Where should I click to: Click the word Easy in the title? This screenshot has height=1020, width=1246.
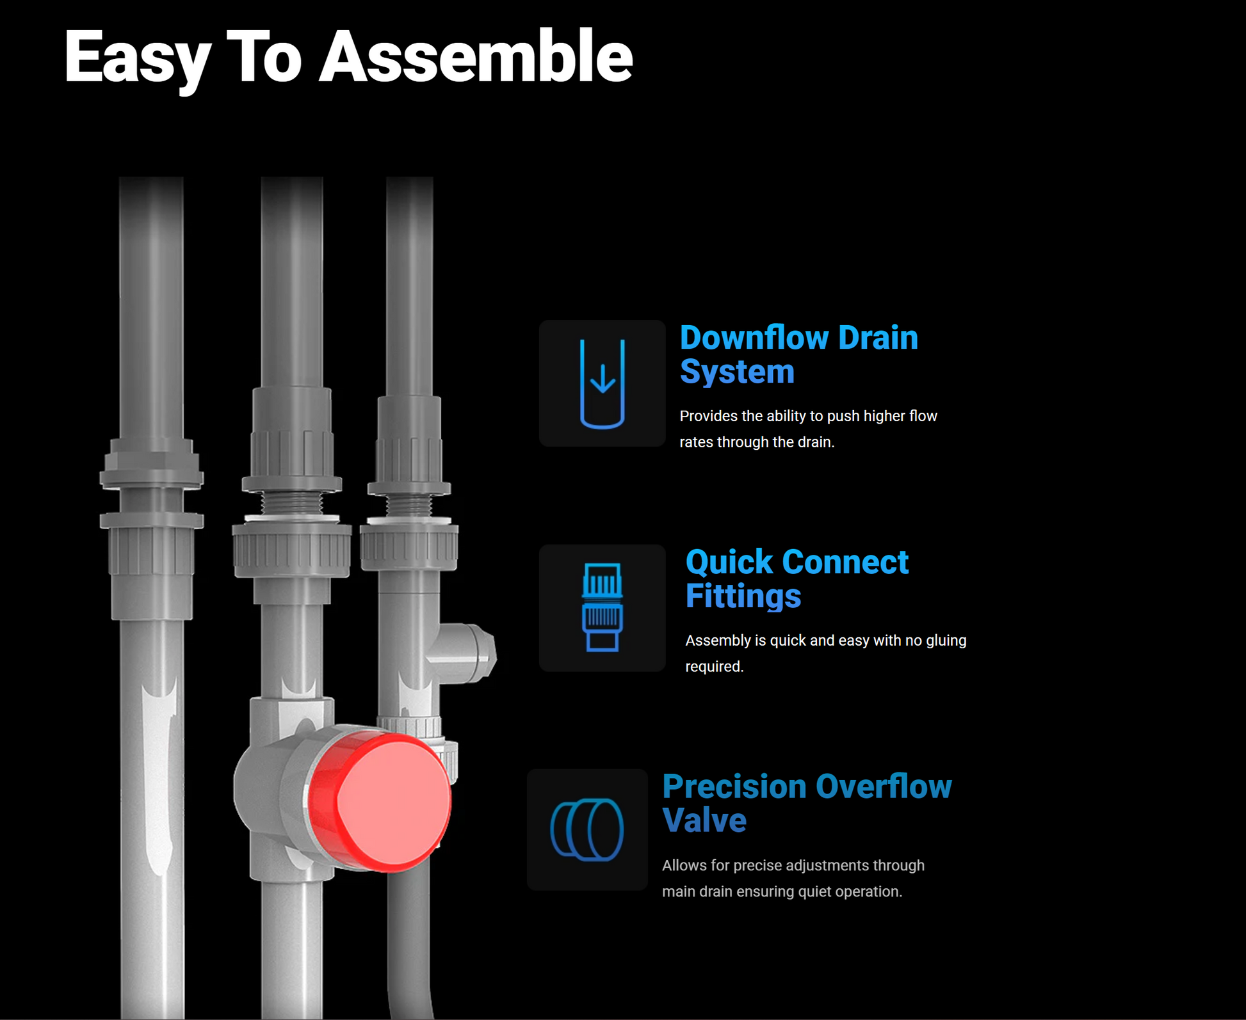(137, 61)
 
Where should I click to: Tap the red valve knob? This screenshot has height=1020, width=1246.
(380, 802)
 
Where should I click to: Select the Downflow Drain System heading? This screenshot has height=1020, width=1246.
(798, 354)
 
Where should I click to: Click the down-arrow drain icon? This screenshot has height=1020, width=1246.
(602, 383)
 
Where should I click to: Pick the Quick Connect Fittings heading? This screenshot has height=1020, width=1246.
(797, 578)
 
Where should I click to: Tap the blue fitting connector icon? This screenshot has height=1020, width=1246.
(602, 607)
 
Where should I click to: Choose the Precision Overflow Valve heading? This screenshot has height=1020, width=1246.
(807, 803)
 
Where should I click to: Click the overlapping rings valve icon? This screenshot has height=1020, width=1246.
(587, 829)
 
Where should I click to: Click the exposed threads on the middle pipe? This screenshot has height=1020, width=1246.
(292, 502)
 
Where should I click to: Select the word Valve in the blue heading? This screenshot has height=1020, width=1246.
(704, 820)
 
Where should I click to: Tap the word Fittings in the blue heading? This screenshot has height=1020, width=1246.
(743, 596)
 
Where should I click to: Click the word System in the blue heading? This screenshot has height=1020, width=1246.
(737, 372)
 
